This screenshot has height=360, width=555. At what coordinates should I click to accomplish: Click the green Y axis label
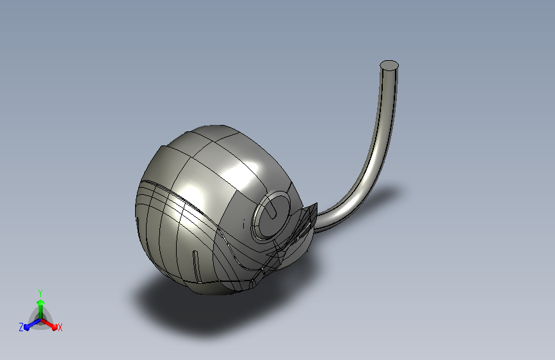tap(40, 293)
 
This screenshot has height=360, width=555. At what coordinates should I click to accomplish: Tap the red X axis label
tap(60, 327)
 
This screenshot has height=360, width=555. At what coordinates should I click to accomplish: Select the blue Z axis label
tap(21, 327)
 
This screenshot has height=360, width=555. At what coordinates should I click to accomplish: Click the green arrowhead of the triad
tap(41, 303)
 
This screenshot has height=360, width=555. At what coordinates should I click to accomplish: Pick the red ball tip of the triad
tap(54, 327)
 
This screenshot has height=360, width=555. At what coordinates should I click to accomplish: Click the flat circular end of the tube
tap(389, 65)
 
